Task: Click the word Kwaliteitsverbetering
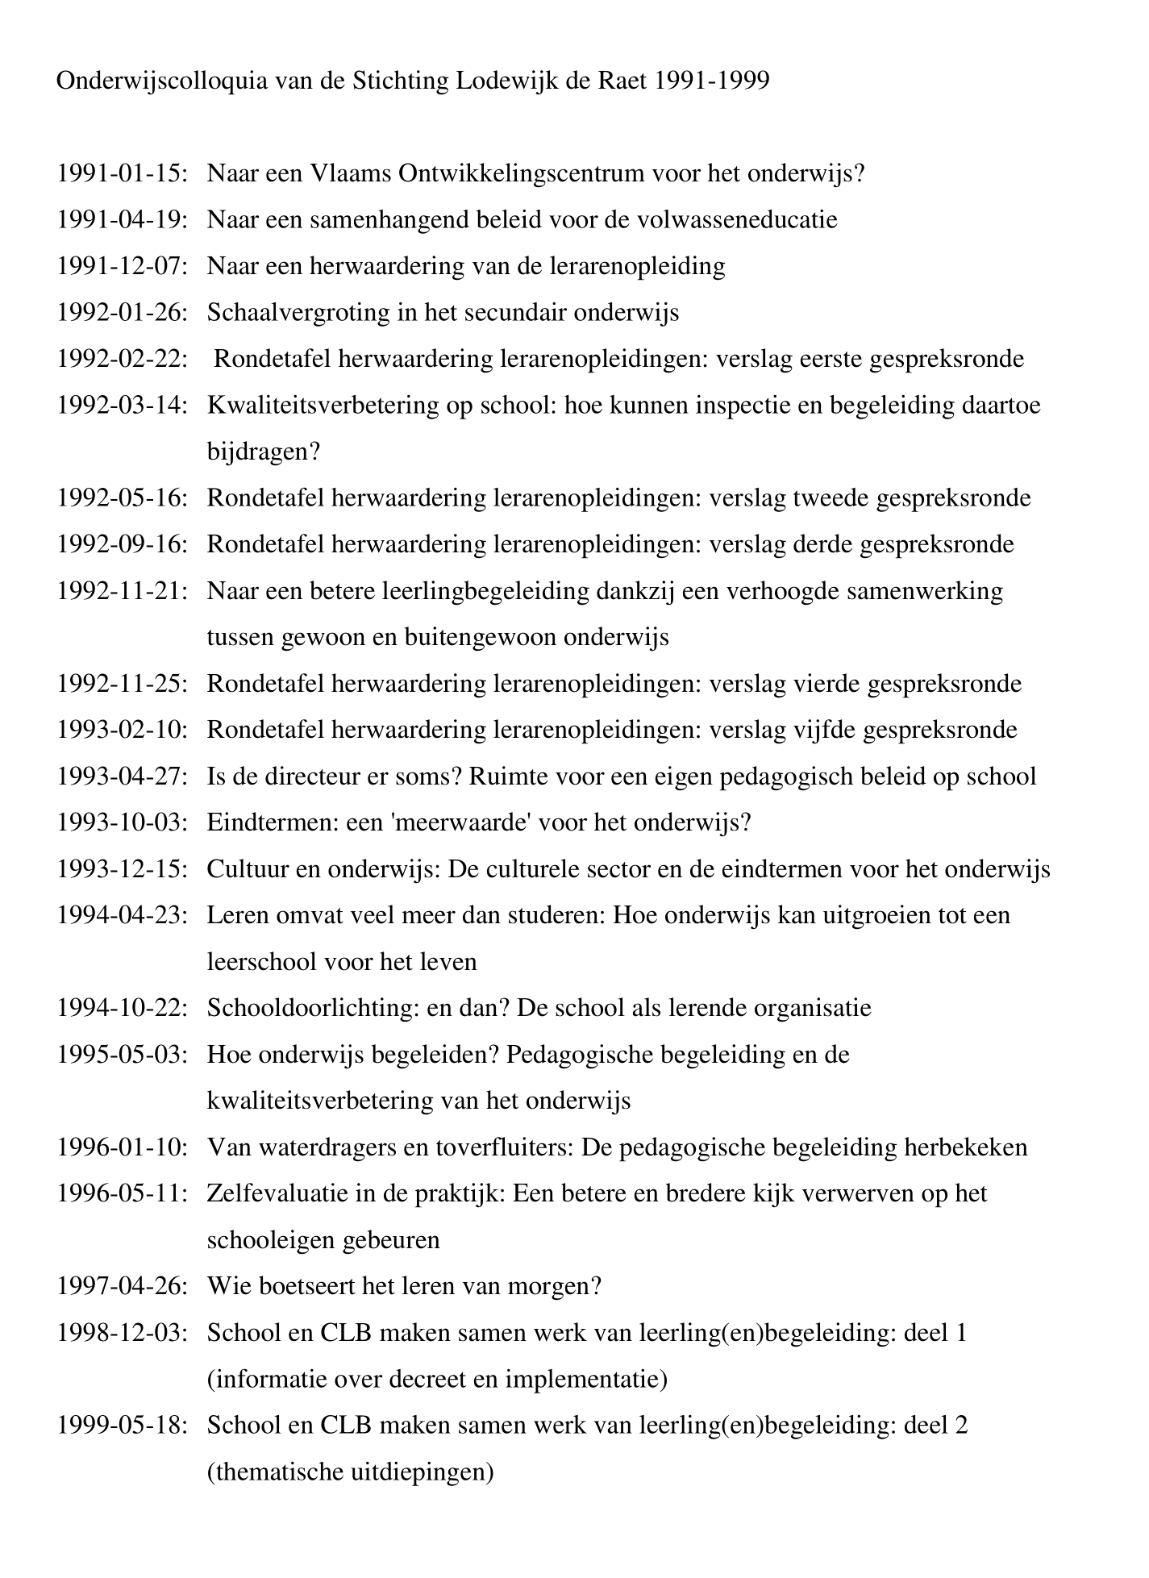pos(330,405)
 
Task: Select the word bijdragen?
pos(264,452)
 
